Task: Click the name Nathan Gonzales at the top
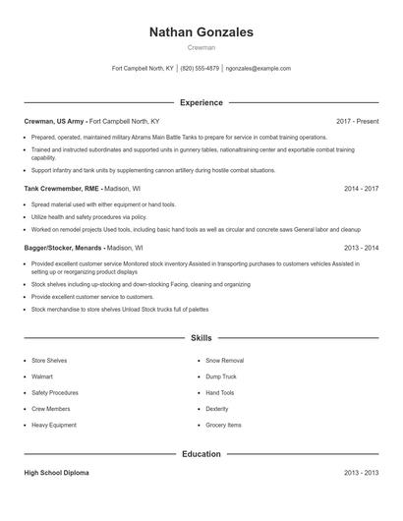click(201, 32)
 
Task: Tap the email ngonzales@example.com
click(259, 69)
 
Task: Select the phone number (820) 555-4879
click(200, 69)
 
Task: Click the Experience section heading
click(201, 102)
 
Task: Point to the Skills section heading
click(201, 337)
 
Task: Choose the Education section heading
click(201, 454)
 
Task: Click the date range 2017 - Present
click(357, 121)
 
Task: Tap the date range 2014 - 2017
click(361, 187)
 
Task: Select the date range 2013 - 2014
click(361, 249)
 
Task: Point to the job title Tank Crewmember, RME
click(63, 187)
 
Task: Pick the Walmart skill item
click(42, 376)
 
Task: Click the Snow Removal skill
click(225, 361)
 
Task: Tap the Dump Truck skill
click(221, 376)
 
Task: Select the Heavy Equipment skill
click(53, 425)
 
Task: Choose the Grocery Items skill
click(223, 425)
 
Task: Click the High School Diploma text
click(56, 473)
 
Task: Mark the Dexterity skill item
click(217, 409)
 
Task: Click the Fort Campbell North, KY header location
click(143, 69)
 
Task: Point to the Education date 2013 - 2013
click(361, 473)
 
